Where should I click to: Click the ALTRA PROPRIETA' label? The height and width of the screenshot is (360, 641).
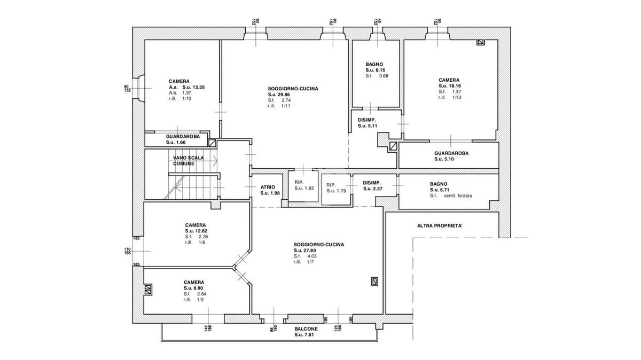coord(440,226)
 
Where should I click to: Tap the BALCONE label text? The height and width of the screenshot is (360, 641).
coord(306,329)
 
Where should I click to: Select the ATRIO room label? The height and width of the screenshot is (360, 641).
coord(268,187)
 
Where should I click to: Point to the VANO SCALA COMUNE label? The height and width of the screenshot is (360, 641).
coord(188,161)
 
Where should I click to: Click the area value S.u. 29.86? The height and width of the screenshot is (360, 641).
coord(279,95)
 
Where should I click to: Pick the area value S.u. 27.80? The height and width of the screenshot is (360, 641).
coord(305,251)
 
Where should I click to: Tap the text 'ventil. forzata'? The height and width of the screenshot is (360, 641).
coord(458,195)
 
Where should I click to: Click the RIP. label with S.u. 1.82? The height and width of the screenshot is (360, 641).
coord(299,182)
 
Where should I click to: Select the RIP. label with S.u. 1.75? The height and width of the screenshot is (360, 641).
coord(331,185)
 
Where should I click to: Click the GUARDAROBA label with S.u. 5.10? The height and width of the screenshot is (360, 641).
coord(451,153)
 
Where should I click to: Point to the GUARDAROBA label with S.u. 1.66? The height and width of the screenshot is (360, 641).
coord(183,137)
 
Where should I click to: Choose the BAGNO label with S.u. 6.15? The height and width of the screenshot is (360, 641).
coord(374,65)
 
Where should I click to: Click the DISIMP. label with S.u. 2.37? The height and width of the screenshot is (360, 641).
coord(372,183)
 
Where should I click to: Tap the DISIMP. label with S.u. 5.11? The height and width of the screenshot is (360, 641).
coord(367,120)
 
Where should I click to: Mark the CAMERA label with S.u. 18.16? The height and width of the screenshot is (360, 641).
coord(449,80)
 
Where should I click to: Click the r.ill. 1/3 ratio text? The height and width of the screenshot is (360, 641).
coord(193,300)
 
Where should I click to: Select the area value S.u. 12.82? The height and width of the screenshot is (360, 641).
coord(196,231)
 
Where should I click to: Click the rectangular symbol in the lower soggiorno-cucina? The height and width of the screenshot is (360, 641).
coord(374,282)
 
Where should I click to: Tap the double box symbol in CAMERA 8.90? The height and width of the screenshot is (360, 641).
coord(148,289)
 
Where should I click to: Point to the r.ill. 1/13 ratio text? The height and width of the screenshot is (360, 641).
coord(450,97)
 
